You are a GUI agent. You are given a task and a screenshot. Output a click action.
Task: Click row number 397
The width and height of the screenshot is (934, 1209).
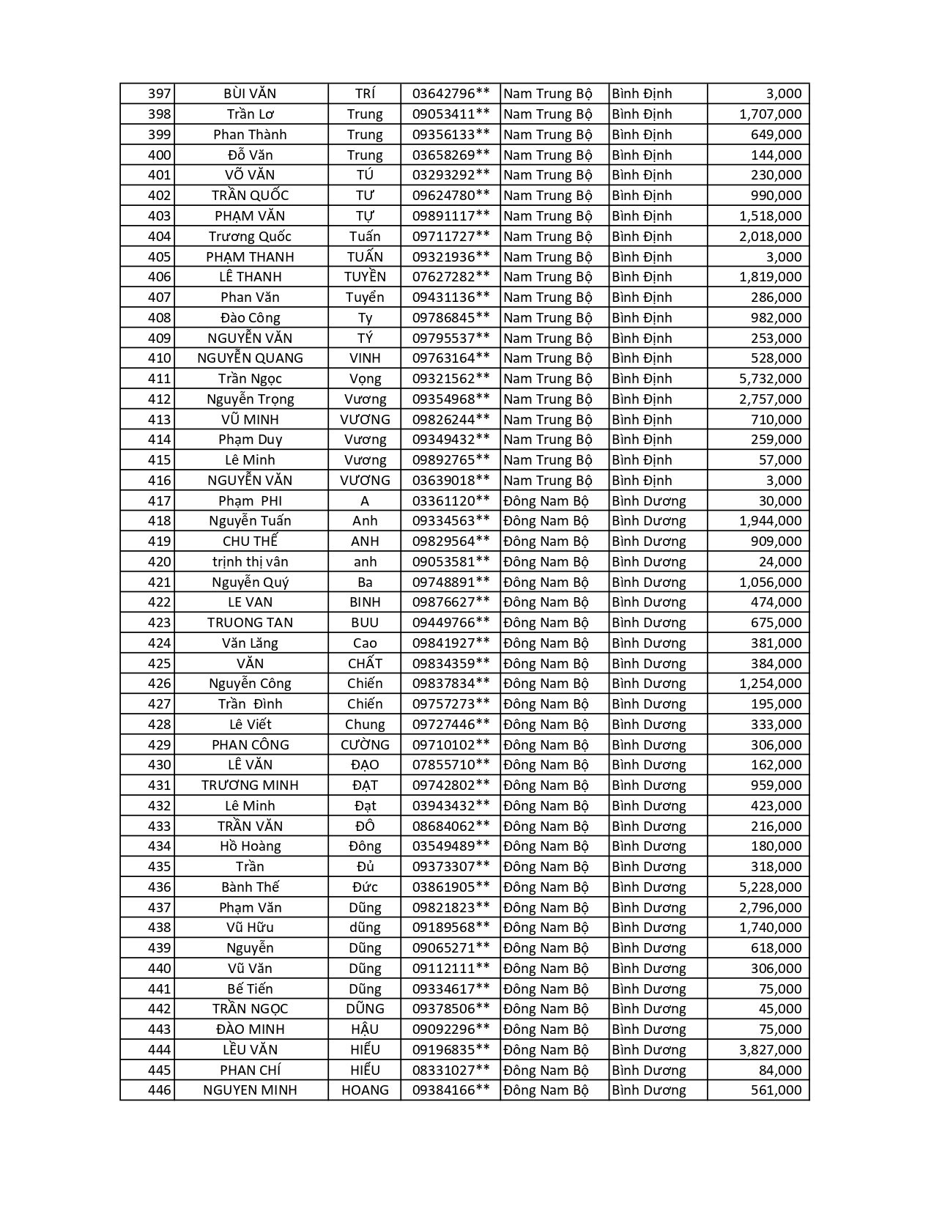159,94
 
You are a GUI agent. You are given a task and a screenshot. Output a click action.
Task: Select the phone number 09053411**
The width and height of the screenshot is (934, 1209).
451,114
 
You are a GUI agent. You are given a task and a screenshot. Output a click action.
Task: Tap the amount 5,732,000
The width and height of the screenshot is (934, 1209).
770,379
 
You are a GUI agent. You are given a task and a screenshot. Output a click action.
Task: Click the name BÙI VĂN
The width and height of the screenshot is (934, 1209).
250,94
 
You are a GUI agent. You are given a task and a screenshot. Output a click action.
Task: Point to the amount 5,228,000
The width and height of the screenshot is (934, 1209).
770,887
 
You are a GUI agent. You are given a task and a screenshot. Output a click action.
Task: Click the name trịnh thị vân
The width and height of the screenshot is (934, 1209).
250,562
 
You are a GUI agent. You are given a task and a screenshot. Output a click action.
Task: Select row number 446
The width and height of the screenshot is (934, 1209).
159,1090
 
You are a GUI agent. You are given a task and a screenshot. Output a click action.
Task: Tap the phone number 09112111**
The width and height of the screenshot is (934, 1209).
451,969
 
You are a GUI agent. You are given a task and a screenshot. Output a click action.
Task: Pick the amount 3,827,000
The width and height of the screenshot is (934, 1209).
770,1050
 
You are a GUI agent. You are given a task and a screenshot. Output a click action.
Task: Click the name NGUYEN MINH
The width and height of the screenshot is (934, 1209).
250,1090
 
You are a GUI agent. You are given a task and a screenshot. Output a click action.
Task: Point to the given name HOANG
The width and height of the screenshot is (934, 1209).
365,1090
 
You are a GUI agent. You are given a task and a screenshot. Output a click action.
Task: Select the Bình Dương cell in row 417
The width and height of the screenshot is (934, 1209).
648,501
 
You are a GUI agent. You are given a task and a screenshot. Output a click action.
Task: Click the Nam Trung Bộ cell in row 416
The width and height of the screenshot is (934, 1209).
547,481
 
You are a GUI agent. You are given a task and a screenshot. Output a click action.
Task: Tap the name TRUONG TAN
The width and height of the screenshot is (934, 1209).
250,623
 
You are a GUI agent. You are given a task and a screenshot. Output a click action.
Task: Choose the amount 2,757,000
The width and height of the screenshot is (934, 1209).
770,399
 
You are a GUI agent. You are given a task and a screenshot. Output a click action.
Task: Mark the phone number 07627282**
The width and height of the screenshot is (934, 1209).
451,277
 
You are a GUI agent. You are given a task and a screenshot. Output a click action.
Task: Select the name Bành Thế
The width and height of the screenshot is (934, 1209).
250,887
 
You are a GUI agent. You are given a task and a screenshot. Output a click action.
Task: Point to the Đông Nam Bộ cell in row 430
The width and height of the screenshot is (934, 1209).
546,765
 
